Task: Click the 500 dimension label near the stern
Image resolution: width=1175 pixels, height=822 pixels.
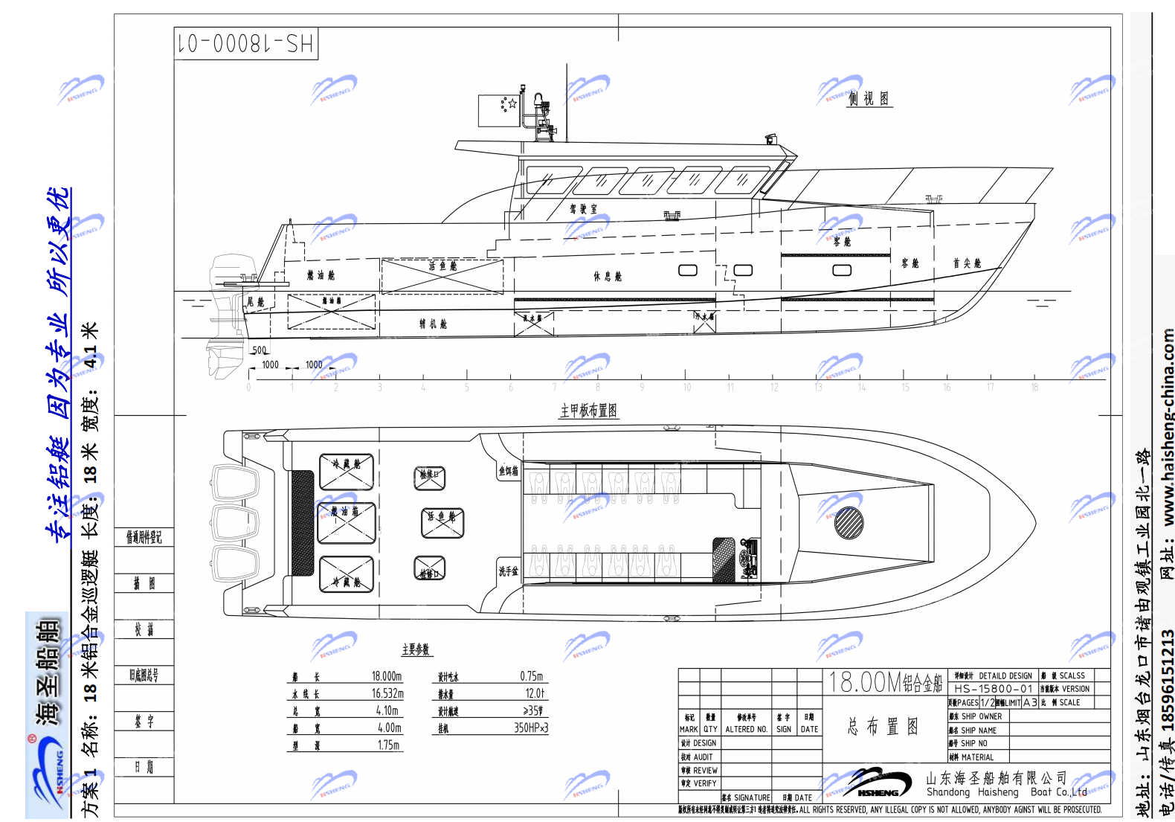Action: tap(260, 350)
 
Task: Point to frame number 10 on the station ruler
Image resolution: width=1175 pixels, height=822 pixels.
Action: tap(687, 388)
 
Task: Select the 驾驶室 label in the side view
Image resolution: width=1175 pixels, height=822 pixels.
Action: tap(583, 209)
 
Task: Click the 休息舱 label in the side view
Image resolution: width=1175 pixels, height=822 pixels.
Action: tap(607, 277)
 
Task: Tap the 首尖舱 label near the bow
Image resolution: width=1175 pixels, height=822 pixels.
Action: tap(967, 263)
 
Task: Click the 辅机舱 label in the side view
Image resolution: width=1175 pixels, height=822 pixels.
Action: tap(433, 324)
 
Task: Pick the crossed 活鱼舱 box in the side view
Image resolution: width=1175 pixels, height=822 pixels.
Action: tap(442, 277)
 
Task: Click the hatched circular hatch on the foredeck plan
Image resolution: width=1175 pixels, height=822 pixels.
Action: tap(849, 523)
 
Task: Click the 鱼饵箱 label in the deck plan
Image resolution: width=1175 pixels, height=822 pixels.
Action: tap(509, 471)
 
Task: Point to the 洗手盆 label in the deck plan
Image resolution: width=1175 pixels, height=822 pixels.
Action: tap(509, 571)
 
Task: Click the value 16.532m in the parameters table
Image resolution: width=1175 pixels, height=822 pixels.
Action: tap(387, 693)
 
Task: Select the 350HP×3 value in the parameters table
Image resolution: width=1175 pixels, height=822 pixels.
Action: tap(531, 728)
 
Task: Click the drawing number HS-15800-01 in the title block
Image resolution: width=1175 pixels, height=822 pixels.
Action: tap(994, 689)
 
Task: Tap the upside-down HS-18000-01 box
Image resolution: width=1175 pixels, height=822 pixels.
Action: tap(246, 44)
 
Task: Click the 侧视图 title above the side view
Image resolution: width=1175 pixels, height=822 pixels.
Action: tap(869, 99)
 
